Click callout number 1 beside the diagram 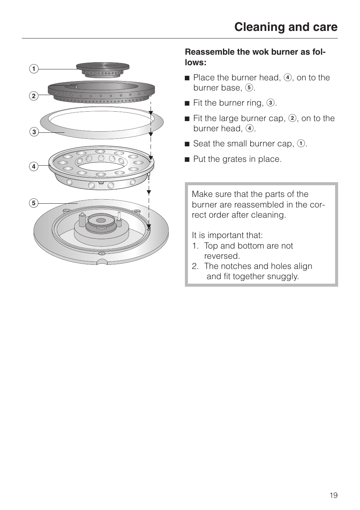click(x=34, y=69)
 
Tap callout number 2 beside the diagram click(x=34, y=96)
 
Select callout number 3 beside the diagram click(x=34, y=132)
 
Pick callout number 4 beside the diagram click(x=34, y=166)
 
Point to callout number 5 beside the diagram click(x=34, y=203)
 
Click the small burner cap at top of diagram click(x=103, y=69)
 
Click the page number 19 click(x=333, y=495)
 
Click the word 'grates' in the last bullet click(x=244, y=159)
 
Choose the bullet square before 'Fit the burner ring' click(x=187, y=103)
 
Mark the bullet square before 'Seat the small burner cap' click(x=187, y=144)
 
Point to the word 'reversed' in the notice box click(x=222, y=256)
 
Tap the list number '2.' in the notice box click(x=195, y=266)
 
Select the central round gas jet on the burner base click(x=101, y=220)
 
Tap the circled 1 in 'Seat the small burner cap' click(x=301, y=144)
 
